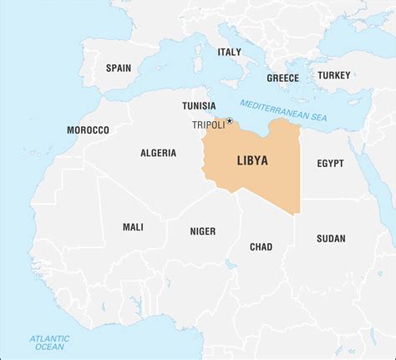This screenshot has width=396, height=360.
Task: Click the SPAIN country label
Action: pyautogui.click(x=118, y=67)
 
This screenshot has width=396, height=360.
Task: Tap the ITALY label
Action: pyautogui.click(x=229, y=52)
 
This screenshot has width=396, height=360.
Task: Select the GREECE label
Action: pyautogui.click(x=282, y=78)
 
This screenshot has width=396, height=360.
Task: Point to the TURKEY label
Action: pyautogui.click(x=333, y=75)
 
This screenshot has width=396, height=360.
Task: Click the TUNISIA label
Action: pyautogui.click(x=201, y=106)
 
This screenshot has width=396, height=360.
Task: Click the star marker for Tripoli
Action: pyautogui.click(x=229, y=120)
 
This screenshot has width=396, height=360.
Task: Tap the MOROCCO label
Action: pyautogui.click(x=88, y=130)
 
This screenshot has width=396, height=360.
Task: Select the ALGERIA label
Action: pyautogui.click(x=158, y=153)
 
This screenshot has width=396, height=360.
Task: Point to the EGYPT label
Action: pyautogui.click(x=330, y=164)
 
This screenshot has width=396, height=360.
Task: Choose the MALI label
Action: pyautogui.click(x=133, y=226)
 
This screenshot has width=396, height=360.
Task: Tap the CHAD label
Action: pyautogui.click(x=261, y=246)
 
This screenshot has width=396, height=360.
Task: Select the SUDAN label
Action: pyautogui.click(x=331, y=238)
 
